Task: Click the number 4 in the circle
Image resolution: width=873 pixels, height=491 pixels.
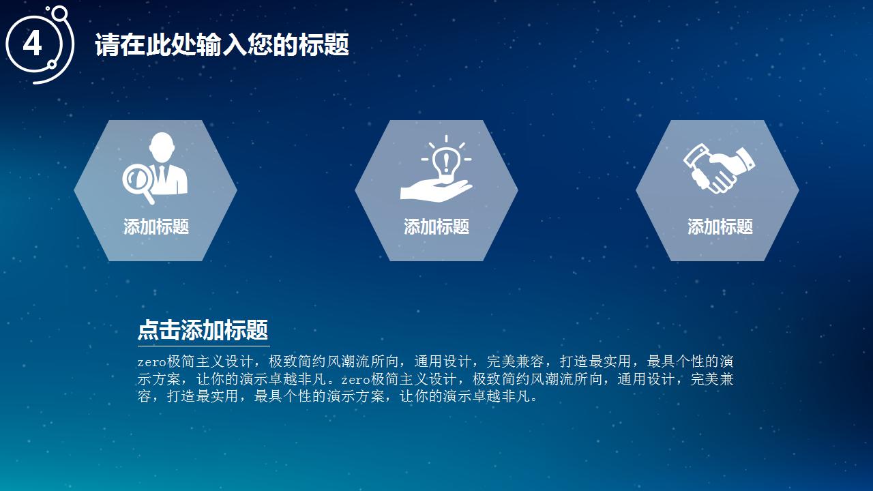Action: (x=33, y=44)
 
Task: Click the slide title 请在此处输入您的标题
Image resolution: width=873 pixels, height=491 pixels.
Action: (x=222, y=45)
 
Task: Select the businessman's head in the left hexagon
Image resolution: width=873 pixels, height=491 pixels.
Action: (x=162, y=146)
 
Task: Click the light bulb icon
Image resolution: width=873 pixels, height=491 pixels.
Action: (x=447, y=162)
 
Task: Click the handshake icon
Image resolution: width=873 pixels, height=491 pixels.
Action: (x=719, y=167)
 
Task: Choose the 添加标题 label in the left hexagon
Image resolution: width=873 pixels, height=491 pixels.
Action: (x=156, y=227)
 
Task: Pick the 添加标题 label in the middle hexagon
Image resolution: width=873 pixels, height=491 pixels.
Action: (x=436, y=227)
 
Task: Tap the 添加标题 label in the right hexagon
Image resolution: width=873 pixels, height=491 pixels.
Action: (x=720, y=227)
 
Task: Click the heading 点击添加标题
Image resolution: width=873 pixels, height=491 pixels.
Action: (x=203, y=330)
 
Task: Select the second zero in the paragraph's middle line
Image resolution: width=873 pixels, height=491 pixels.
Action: (x=355, y=379)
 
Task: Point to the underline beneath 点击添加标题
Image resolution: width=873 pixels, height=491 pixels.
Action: (x=203, y=346)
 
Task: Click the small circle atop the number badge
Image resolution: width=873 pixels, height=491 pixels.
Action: (x=59, y=13)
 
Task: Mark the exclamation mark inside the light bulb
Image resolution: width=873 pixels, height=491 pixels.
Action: (x=447, y=163)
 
